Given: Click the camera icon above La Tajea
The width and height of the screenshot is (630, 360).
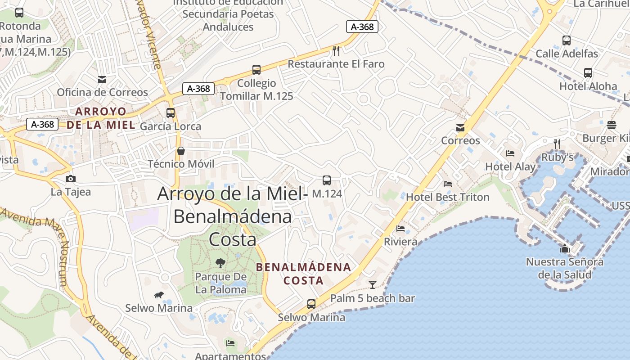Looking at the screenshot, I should tap(70, 179).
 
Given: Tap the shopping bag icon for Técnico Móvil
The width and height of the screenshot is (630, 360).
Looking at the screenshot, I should tap(181, 150).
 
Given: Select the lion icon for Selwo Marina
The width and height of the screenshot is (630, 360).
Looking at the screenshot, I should tap(159, 295).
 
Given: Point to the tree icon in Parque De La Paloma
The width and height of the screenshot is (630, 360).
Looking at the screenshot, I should tap(220, 263).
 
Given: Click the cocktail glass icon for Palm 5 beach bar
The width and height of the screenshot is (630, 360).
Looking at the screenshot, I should tap(373, 284).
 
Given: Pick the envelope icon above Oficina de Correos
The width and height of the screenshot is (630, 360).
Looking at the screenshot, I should tap(102, 80).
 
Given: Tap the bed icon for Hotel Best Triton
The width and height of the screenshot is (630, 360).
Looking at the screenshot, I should tap(448, 184).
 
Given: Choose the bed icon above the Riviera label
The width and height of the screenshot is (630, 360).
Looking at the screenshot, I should tap(400, 229).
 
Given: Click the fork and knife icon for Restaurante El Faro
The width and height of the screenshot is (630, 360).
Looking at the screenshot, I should tap(336, 50).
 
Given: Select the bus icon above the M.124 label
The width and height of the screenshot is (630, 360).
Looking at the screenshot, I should tap(327, 180).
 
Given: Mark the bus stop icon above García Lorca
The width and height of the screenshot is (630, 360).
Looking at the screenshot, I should tap(171, 113).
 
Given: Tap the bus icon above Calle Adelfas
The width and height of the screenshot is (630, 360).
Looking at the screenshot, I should tap(567, 40).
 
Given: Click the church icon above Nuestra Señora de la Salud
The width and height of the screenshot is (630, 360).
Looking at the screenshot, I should tap(565, 248).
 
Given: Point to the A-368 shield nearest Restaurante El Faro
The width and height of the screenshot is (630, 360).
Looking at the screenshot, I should tap(362, 27).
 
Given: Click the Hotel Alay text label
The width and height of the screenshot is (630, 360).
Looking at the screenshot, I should tap(510, 167).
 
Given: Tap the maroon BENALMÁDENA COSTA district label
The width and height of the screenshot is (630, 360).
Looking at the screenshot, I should tap(303, 274).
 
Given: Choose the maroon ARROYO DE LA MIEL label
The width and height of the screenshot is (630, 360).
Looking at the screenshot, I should tap(101, 118).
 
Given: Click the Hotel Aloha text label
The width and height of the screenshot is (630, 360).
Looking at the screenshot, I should tap(588, 86).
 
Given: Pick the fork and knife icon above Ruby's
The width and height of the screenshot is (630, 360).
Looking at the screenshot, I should tap(557, 144).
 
